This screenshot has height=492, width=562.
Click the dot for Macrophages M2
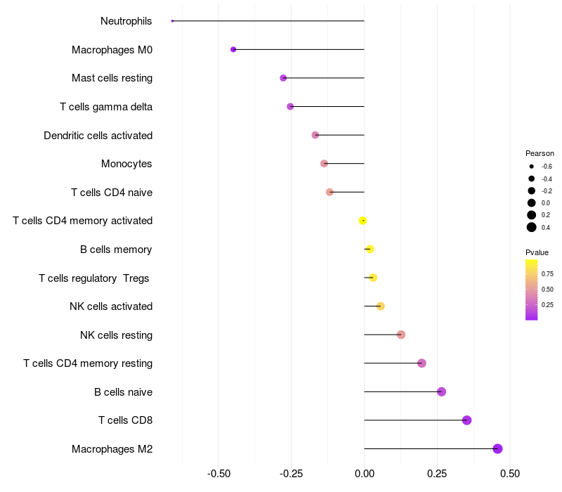[497, 448]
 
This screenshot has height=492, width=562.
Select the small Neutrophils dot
[172, 21]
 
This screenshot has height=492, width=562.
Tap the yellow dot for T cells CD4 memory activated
[362, 221]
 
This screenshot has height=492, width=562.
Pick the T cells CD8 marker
[466, 420]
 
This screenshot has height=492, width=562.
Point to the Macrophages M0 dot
[233, 49]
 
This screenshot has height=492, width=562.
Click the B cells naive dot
[441, 391]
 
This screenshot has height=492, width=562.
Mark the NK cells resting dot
[401, 335]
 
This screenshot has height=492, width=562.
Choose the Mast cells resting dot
[283, 78]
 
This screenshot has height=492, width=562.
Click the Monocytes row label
[126, 164]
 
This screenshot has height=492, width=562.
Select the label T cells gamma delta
[106, 107]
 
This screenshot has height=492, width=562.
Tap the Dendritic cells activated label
[98, 135]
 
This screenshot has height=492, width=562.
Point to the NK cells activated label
[111, 306]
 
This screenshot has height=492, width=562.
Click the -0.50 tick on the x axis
[218, 474]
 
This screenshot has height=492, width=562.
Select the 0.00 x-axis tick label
[364, 474]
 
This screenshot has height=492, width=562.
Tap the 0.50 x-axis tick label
[510, 474]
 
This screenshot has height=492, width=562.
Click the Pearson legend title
[540, 153]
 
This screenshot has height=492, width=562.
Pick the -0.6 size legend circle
[532, 167]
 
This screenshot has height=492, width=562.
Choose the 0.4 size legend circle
[532, 226]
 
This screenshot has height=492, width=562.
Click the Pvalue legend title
[537, 252]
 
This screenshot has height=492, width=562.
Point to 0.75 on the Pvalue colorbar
[531, 274]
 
